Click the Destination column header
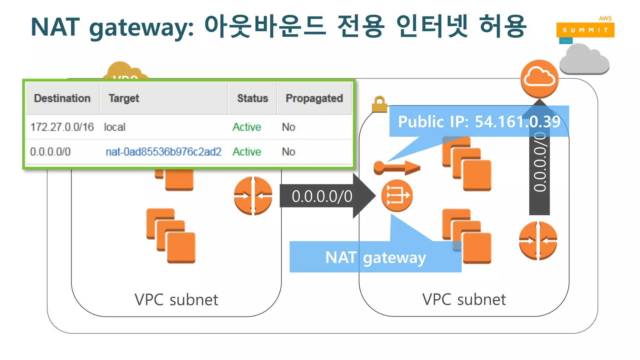pos(62,98)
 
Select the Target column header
pos(124,98)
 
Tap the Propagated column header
pos(314,98)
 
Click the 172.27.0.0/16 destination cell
pos(62,127)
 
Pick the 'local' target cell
pos(114,127)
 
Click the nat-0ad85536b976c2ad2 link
pos(163,152)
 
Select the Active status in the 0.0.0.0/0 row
pos(247,152)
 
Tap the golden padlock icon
pos(379,104)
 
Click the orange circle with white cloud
pos(539,79)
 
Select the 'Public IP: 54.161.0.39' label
pos(479,122)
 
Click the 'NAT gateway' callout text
pos(375,258)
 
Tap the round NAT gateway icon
pos(397,196)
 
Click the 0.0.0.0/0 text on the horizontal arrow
pos(322,197)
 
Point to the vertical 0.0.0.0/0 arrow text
pos(539,162)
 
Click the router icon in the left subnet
pos(253,196)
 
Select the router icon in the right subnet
pos(538,241)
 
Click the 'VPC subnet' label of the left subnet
pos(176,300)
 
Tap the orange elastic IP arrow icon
pos(397,168)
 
